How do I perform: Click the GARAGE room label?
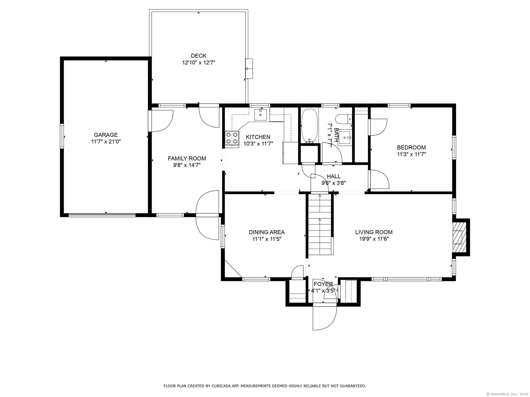(106, 135)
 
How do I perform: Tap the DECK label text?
(198, 56)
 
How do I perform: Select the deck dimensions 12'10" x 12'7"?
(198, 63)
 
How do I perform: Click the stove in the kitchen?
(232, 138)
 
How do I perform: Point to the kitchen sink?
(261, 115)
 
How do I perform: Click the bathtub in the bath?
(309, 126)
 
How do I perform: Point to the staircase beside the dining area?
(320, 225)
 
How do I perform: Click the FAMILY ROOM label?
(187, 158)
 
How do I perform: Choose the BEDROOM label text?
(411, 147)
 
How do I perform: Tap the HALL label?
(334, 176)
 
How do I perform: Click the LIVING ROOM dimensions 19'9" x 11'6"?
(374, 239)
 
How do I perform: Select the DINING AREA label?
(267, 232)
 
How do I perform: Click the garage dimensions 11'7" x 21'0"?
(106, 142)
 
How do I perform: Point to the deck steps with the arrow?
(249, 68)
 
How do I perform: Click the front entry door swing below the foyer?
(325, 318)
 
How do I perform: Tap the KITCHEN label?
(258, 137)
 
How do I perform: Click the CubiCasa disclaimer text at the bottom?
(265, 386)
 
